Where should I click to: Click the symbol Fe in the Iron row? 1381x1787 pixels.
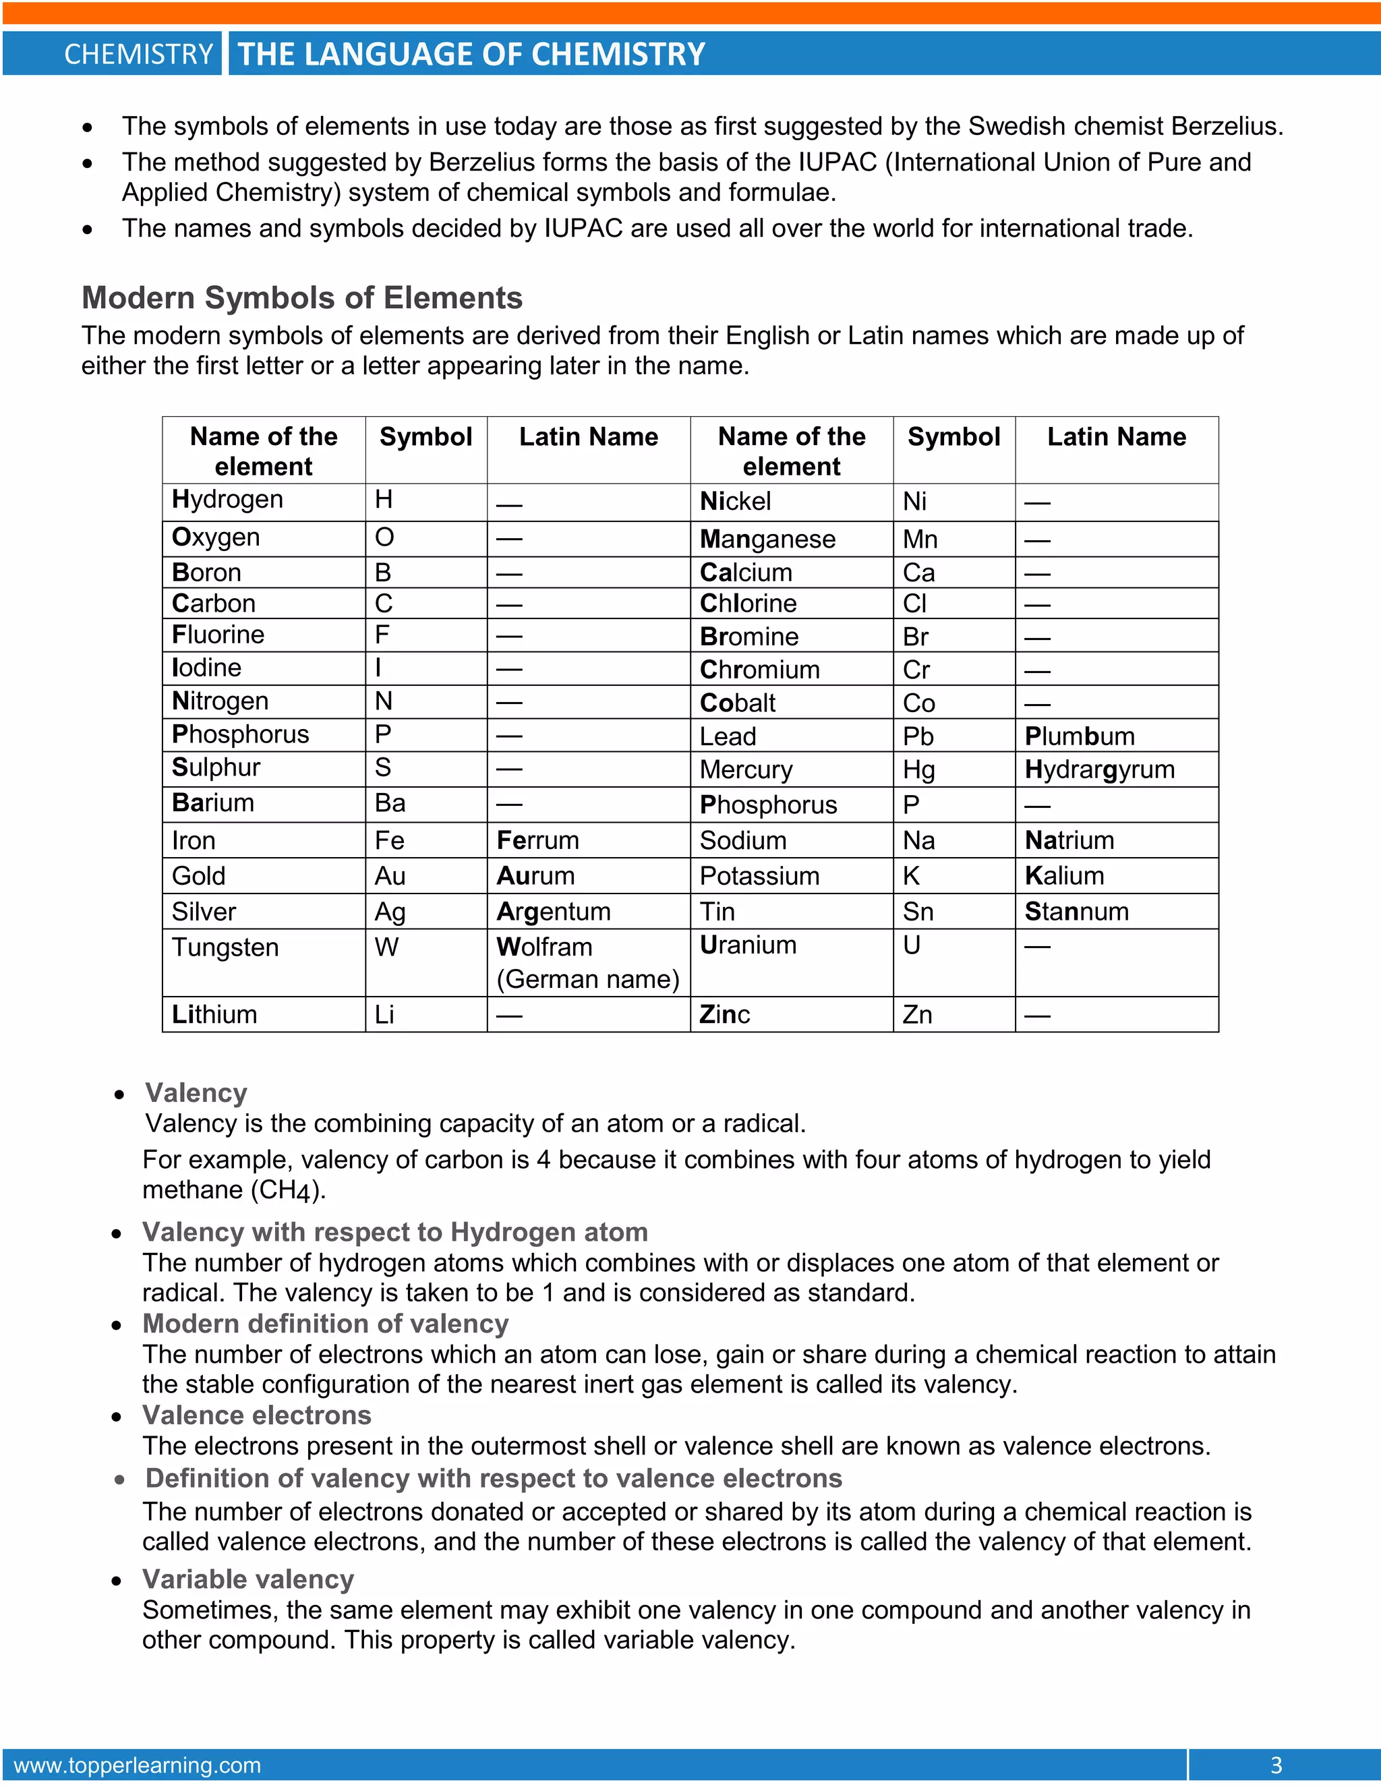(x=390, y=840)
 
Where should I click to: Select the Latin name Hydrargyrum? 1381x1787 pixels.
(x=1100, y=770)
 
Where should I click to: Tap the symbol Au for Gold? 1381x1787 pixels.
(x=390, y=877)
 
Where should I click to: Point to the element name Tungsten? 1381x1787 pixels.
(x=225, y=947)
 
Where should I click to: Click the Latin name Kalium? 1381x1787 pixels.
(x=1064, y=877)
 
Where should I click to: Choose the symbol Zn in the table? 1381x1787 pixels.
(x=917, y=1016)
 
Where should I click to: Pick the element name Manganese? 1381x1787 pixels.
(x=767, y=540)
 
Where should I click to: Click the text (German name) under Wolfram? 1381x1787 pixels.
(x=588, y=979)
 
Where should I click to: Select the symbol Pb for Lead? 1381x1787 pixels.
(x=918, y=737)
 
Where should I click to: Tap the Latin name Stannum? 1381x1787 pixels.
(x=1077, y=912)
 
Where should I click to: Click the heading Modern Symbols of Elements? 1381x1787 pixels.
(x=302, y=298)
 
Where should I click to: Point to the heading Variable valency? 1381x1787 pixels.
(x=248, y=1579)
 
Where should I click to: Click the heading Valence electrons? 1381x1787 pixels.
(x=257, y=1415)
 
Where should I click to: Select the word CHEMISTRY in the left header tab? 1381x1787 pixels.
(x=138, y=55)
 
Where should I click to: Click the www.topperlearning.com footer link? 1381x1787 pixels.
(x=138, y=1765)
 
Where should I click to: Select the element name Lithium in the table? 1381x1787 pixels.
(x=214, y=1015)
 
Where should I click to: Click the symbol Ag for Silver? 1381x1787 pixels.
(x=390, y=912)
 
